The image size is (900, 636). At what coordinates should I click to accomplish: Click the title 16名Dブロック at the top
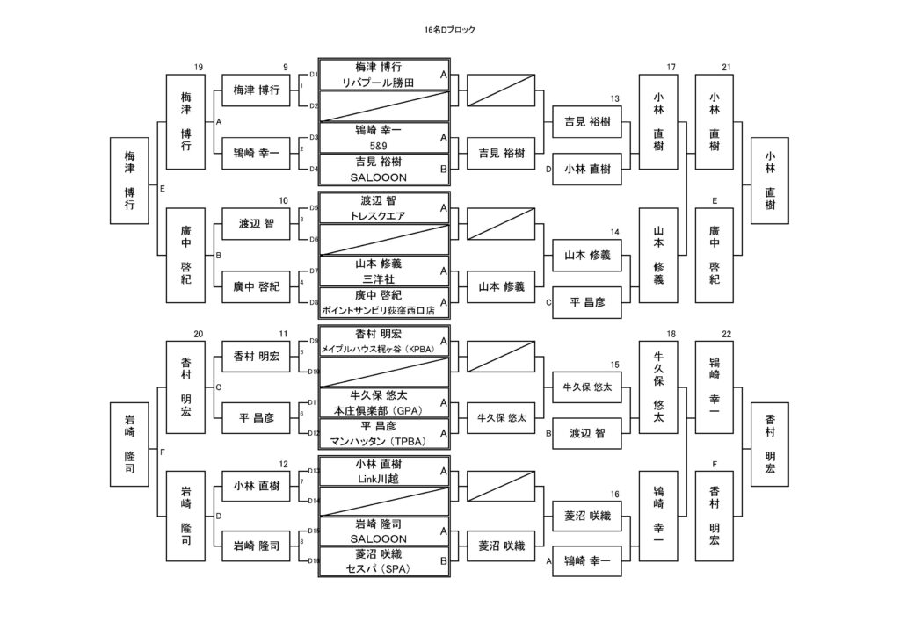coord(449,30)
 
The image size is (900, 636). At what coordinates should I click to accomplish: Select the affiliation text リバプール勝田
coord(383,83)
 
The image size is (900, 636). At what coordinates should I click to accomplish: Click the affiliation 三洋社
coord(383,278)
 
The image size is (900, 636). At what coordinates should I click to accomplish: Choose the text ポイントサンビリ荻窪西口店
coord(384,311)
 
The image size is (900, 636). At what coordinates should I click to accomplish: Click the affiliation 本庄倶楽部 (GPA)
coord(383,409)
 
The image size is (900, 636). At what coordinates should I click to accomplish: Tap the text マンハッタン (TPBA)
coord(383,440)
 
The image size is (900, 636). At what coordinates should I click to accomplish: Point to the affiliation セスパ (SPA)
coord(383,568)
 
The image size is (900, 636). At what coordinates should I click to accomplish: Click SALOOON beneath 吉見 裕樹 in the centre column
coord(383,177)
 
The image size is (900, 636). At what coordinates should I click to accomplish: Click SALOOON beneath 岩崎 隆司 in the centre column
coord(383,538)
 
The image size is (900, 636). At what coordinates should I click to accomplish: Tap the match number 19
coord(199,68)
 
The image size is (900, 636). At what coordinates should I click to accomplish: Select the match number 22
coord(726,334)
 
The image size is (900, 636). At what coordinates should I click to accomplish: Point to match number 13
coord(615,98)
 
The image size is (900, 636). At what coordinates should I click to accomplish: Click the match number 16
coord(615,495)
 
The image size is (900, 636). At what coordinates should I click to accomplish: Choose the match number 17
coord(671,68)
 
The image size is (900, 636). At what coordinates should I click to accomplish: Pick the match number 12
coord(283,464)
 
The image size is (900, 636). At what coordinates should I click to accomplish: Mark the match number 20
coord(199,334)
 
